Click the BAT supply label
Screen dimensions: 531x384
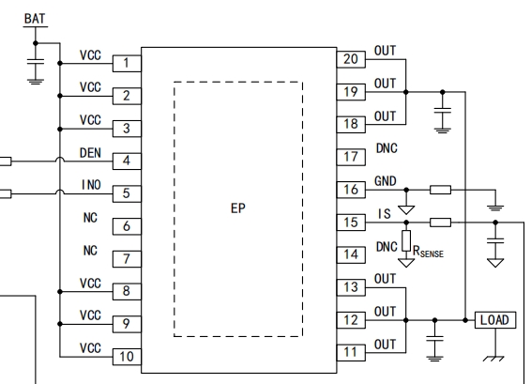pyautogui.click(x=35, y=19)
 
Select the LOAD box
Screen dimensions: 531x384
pyautogui.click(x=495, y=320)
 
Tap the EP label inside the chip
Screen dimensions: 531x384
pyautogui.click(x=237, y=208)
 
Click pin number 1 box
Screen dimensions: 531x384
pyautogui.click(x=127, y=63)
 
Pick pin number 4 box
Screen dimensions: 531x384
pyautogui.click(x=127, y=161)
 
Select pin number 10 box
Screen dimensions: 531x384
pyautogui.click(x=127, y=357)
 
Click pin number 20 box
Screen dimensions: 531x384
pyautogui.click(x=351, y=59)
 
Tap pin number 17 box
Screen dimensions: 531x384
pyautogui.click(x=351, y=157)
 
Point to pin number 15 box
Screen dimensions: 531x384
pyautogui.click(x=351, y=223)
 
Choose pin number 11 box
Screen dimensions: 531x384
pyautogui.click(x=351, y=352)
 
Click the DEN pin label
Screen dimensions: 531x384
pyautogui.click(x=90, y=153)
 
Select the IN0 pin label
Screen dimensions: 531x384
pyautogui.click(x=91, y=185)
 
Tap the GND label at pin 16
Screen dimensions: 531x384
pyautogui.click(x=385, y=181)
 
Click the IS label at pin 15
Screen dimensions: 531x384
pyautogui.click(x=385, y=214)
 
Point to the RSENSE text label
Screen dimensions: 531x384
pyautogui.click(x=428, y=252)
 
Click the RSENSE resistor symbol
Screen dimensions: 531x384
pyautogui.click(x=406, y=241)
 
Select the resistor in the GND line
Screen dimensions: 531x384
pyautogui.click(x=440, y=190)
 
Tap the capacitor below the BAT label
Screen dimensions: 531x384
pyautogui.click(x=36, y=61)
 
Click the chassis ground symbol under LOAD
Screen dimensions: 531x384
pyautogui.click(x=493, y=359)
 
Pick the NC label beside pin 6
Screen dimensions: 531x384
pyautogui.click(x=90, y=218)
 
